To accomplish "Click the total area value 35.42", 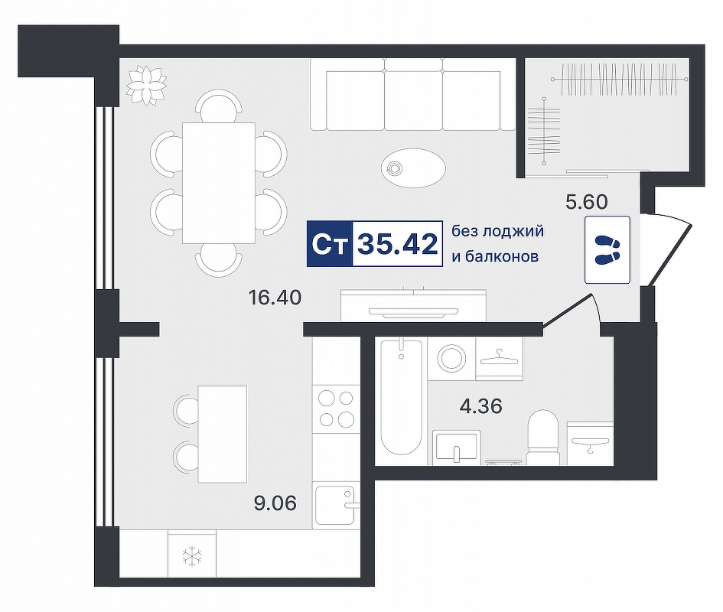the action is point(398,244).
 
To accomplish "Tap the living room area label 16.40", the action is point(275,298).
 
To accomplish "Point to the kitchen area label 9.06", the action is point(275,503).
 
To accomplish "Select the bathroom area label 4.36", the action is point(481,406).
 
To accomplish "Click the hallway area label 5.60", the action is point(587,201).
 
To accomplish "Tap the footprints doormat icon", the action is point(607,249).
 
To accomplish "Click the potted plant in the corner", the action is point(146,86).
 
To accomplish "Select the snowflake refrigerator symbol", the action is point(191,555).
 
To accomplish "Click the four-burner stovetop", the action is point(336,409).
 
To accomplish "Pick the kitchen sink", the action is point(336,506).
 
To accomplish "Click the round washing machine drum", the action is point(451,357).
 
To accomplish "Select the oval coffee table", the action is point(414,168).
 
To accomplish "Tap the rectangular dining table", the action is point(219,183).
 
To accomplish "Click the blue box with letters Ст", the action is point(330,244).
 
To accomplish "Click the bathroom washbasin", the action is point(457,447).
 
